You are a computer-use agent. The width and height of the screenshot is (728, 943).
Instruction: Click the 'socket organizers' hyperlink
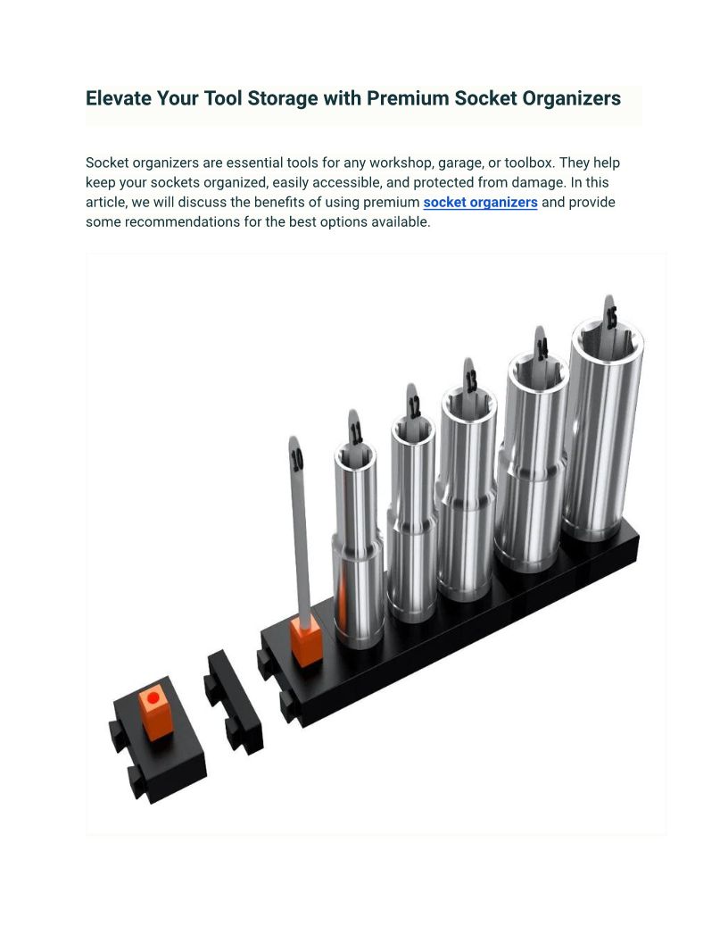pos(480,203)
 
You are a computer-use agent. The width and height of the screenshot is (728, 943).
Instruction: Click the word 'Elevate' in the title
pos(119,98)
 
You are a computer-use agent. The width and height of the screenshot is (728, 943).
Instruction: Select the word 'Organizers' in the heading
pos(571,98)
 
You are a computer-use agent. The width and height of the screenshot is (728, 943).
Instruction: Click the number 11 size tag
pos(356,433)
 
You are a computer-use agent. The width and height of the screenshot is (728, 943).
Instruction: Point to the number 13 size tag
pos(472,380)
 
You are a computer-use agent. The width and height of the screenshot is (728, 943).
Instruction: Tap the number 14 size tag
pos(542,349)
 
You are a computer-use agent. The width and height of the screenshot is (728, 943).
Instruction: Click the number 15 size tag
pos(611,318)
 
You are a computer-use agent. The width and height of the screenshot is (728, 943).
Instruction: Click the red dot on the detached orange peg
pos(153,698)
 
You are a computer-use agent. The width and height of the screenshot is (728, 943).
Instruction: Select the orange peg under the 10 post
pos(306,642)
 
